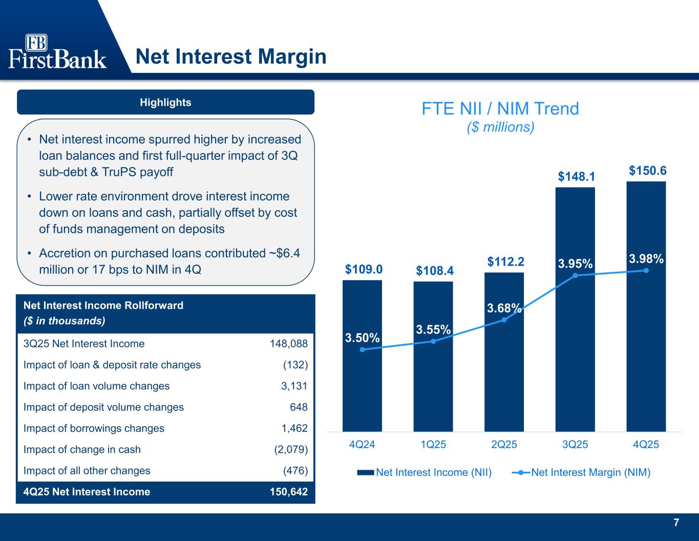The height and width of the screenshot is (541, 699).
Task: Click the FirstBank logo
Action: (x=57, y=52)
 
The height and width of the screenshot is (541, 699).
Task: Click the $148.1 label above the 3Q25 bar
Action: (x=576, y=177)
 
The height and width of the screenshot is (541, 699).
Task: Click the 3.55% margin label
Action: (x=433, y=329)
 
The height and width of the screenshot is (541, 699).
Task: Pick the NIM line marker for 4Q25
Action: (x=646, y=270)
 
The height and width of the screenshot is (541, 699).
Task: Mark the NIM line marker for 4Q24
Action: (x=362, y=350)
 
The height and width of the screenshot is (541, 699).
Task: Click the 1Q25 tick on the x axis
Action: (x=433, y=445)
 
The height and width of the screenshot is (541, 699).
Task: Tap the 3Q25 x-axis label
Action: (x=575, y=445)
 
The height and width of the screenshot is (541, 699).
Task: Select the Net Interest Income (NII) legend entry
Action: (x=425, y=472)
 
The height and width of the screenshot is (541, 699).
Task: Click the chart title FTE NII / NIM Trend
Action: (x=500, y=109)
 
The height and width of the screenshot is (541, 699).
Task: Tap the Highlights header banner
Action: (x=165, y=102)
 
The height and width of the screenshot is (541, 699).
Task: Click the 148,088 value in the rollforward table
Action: (x=289, y=344)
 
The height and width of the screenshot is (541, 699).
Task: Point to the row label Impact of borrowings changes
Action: (x=94, y=428)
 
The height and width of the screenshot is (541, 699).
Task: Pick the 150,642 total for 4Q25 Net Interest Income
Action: (x=289, y=492)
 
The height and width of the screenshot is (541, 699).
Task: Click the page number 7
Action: (x=676, y=523)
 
